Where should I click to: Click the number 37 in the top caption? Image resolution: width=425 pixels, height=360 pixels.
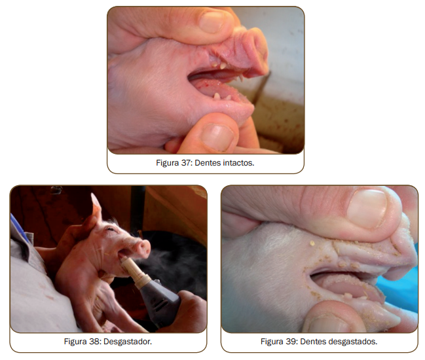click(x=186, y=163)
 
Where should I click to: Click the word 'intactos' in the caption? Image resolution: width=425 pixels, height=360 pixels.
click(x=238, y=163)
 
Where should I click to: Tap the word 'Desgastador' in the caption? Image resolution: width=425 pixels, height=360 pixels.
click(x=128, y=341)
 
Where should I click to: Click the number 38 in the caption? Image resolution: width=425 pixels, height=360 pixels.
click(x=94, y=341)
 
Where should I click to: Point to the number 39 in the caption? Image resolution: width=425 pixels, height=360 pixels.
click(x=291, y=341)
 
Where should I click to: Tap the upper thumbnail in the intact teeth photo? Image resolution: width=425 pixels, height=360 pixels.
click(x=212, y=22)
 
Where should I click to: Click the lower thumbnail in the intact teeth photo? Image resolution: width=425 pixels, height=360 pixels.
click(x=217, y=137)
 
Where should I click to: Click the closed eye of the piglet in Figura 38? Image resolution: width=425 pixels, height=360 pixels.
click(x=110, y=229)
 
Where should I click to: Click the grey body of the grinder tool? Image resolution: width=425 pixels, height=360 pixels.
click(x=160, y=301)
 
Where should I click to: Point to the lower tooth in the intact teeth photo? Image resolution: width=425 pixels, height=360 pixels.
click(x=217, y=96)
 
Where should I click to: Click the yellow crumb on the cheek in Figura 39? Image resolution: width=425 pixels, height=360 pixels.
click(x=312, y=243)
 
